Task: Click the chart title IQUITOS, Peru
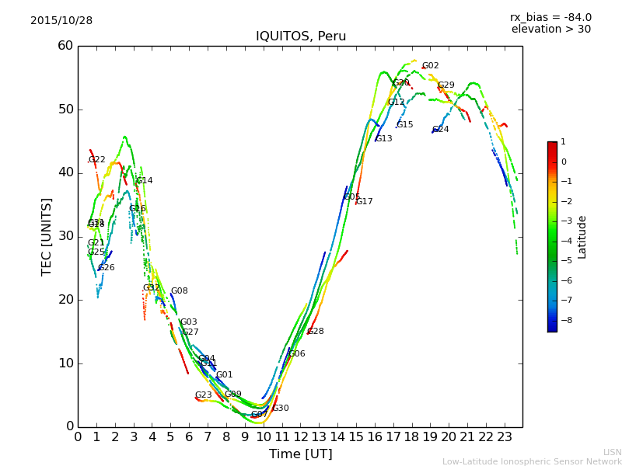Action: coord(301,37)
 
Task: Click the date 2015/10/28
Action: coord(61,21)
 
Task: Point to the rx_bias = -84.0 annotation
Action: coord(550,17)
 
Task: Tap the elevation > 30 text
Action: coord(550,30)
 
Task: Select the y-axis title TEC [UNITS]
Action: coord(47,236)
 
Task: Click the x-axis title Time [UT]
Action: coord(300,454)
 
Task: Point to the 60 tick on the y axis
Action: coord(65,46)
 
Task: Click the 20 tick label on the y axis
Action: coord(65,300)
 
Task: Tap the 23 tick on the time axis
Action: coord(504,436)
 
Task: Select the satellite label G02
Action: coord(430,66)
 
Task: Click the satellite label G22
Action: coord(96,160)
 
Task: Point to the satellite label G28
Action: coord(315,332)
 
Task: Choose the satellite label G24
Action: coord(440,130)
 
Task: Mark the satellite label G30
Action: coord(280,409)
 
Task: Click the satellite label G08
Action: coord(179,291)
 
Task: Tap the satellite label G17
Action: coord(364,202)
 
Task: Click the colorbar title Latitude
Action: coord(582,237)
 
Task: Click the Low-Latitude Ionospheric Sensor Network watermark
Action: coord(532,461)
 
